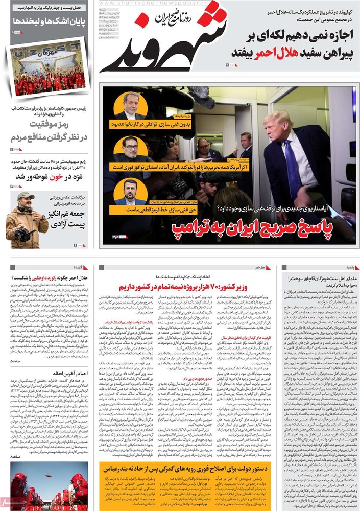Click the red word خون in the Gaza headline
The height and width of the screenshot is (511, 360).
[x=56, y=177]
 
